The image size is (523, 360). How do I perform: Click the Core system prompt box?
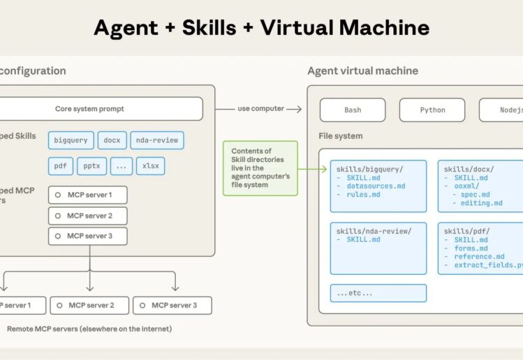(99, 109)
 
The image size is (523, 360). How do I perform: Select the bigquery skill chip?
(71, 140)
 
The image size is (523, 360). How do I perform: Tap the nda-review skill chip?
(158, 140)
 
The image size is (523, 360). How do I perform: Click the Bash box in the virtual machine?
(353, 110)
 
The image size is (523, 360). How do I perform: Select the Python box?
(432, 110)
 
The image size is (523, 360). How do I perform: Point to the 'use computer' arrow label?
(260, 109)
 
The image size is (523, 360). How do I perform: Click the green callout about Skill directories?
(260, 168)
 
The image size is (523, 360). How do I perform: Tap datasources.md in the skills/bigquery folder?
(376, 186)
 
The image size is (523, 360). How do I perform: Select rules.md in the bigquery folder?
(363, 195)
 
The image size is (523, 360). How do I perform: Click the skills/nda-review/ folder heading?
(374, 231)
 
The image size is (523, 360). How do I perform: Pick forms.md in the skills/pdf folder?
(471, 248)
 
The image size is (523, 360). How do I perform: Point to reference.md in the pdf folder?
(480, 257)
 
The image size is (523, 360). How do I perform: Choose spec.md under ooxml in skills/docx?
(475, 195)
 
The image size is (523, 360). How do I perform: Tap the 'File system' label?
(341, 136)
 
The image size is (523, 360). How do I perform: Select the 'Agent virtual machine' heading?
(362, 70)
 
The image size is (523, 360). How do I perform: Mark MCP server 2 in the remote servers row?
(89, 305)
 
